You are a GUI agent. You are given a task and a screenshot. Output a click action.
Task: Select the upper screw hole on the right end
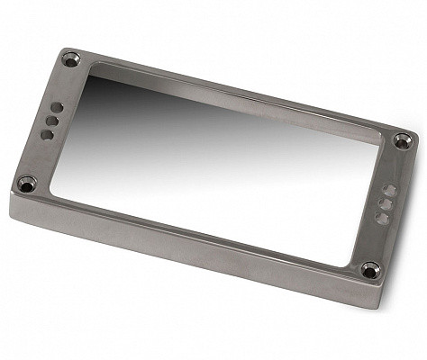click(402, 139)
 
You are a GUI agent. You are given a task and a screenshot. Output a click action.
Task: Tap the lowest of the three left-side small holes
click(48, 134)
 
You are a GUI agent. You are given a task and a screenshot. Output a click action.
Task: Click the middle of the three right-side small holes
click(385, 203)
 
